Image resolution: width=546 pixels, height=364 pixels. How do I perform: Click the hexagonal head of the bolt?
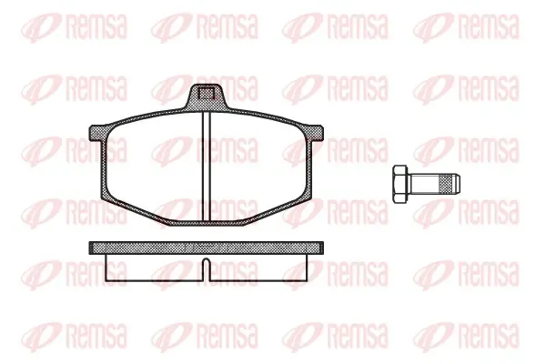(x=400, y=184)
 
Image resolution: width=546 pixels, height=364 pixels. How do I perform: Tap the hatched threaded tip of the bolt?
(x=451, y=184)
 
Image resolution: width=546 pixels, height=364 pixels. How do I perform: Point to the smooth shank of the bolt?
(x=425, y=184)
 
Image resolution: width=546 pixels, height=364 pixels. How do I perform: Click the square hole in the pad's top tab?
(x=206, y=94)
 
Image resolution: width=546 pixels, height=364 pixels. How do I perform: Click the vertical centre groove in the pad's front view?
(x=207, y=166)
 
